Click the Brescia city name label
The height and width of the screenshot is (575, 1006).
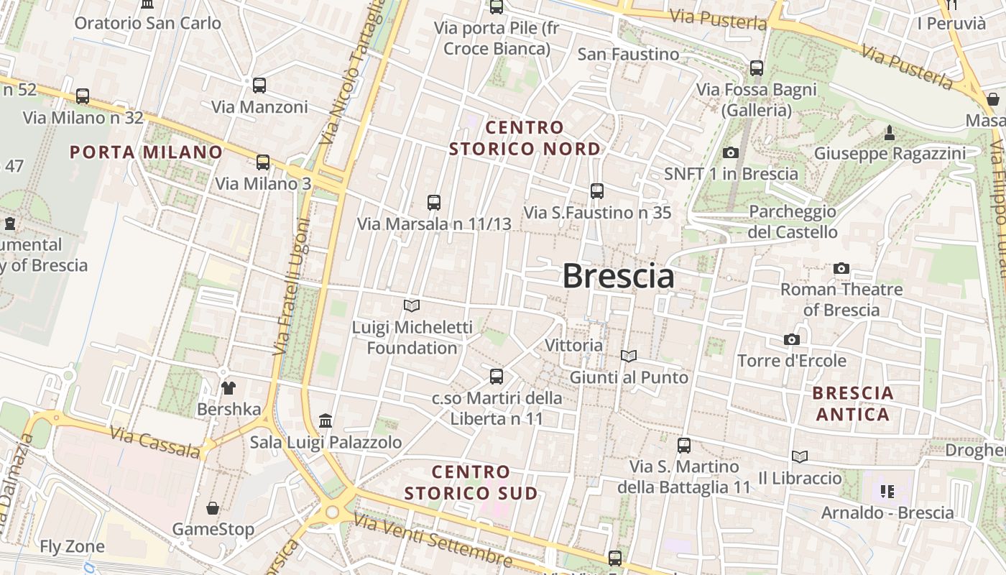click(618, 276)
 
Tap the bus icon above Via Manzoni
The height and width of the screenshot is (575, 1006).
click(259, 86)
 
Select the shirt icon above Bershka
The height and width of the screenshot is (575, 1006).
click(229, 389)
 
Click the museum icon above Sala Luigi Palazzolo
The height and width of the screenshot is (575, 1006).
click(326, 420)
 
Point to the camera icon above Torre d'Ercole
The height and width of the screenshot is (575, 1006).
click(792, 339)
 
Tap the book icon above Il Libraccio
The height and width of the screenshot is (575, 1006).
click(800, 457)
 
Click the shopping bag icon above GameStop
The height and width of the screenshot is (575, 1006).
click(213, 509)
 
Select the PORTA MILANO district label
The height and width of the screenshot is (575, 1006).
click(147, 152)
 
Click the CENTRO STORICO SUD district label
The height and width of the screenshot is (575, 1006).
click(471, 482)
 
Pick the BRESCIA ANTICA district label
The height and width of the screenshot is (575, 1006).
click(854, 404)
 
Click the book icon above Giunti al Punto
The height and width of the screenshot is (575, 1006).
click(629, 356)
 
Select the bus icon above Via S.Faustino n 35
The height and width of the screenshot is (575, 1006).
click(597, 191)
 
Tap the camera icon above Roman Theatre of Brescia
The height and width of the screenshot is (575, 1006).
click(841, 269)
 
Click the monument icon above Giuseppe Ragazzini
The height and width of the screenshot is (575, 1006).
click(890, 133)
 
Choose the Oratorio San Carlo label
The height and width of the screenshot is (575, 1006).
click(148, 23)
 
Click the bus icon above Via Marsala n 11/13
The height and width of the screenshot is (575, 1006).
click(434, 203)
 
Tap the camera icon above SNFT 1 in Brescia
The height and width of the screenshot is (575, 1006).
click(731, 152)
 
